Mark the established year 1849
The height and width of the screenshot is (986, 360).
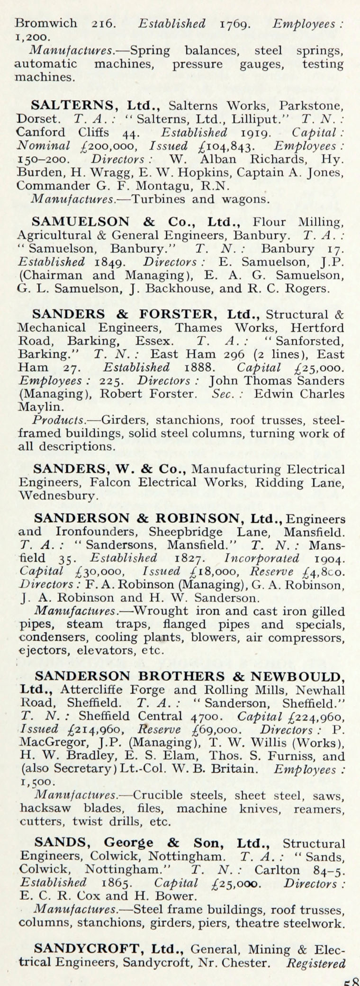tap(110, 262)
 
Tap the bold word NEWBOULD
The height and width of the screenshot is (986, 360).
tap(297, 676)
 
